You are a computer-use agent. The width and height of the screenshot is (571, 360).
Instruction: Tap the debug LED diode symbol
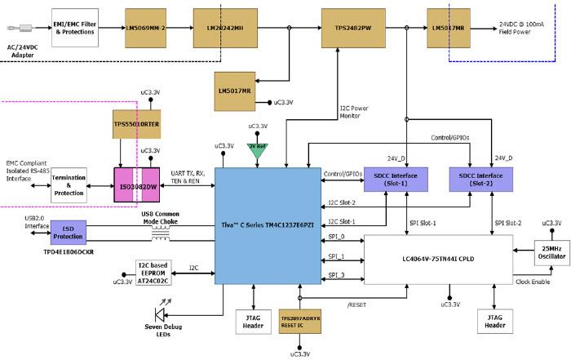pyautogui.click(x=162, y=314)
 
